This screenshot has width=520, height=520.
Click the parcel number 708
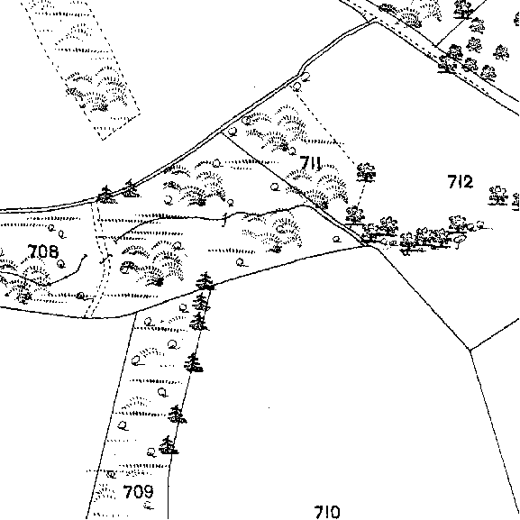click(43, 251)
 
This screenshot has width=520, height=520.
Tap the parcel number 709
click(138, 491)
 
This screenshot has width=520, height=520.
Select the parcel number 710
click(327, 512)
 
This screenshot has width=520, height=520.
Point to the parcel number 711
click(310, 163)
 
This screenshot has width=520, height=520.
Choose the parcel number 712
click(461, 182)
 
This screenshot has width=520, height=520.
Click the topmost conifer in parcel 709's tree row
click(205, 281)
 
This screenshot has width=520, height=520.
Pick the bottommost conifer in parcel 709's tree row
click(169, 445)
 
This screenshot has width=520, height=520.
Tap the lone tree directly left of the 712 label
click(366, 172)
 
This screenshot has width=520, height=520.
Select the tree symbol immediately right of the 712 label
click(497, 196)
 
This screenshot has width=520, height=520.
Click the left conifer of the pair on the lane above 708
click(105, 195)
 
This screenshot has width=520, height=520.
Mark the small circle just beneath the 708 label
click(60, 264)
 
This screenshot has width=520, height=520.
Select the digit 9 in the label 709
click(148, 491)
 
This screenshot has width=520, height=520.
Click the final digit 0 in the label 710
click(334, 512)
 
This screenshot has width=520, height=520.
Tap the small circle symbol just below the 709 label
click(149, 506)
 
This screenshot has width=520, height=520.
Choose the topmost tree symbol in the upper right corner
click(463, 9)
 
